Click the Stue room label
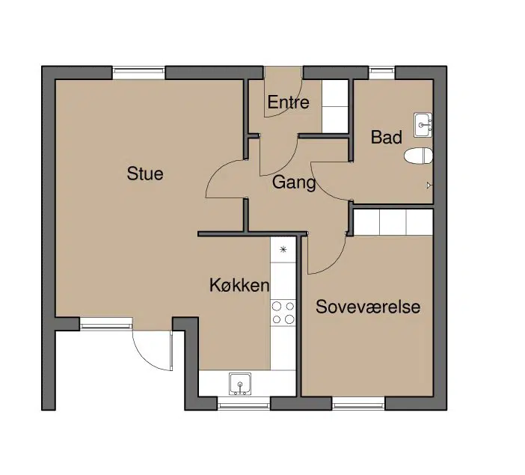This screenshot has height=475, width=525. click(145, 174)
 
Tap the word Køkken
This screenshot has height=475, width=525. click(239, 285)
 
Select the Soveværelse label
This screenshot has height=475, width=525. click(368, 307)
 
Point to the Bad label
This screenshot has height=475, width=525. click(387, 138)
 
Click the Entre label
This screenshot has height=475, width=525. click(288, 102)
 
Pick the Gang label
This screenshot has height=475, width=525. click(294, 183)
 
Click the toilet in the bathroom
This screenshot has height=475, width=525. click(418, 156)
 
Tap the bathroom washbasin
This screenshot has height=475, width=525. click(423, 125)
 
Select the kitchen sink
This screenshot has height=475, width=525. click(240, 384)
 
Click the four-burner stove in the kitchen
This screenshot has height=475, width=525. click(283, 313)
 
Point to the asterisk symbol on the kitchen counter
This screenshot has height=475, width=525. click(283, 249)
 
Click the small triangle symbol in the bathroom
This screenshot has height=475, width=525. click(429, 186)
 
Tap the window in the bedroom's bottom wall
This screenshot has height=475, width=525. click(358, 404)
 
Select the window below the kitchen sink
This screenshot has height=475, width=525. click(244, 404)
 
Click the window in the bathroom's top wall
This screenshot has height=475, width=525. click(382, 73)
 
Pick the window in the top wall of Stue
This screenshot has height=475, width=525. click(138, 73)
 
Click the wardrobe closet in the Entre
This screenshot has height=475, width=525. click(335, 106)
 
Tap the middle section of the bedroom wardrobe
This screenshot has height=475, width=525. click(393, 222)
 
